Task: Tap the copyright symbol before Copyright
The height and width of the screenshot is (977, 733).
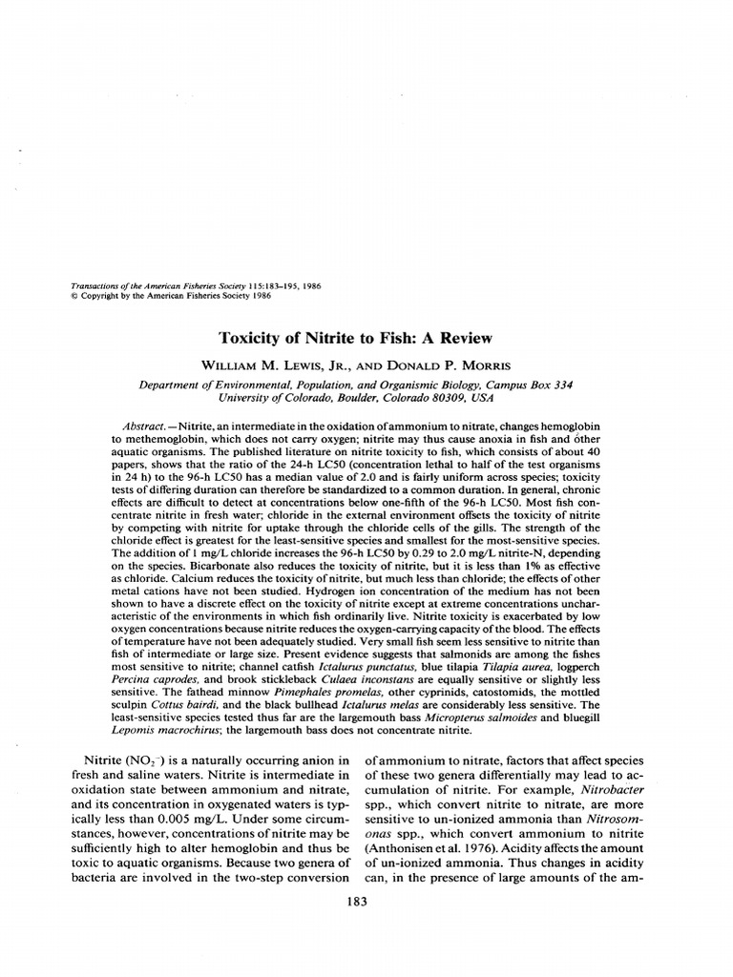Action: coord(75,295)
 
